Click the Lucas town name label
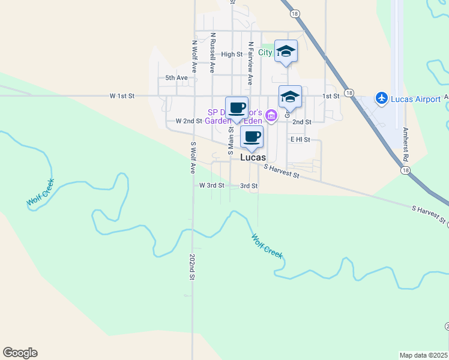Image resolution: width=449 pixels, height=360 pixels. (x=253, y=157)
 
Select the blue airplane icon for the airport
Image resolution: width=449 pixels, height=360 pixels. (x=381, y=97)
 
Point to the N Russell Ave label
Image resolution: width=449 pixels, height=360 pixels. (x=212, y=53)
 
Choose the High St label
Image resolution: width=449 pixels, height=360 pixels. (x=231, y=54)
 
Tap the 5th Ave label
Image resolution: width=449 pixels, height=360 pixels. (x=176, y=78)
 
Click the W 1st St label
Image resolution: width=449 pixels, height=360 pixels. (x=122, y=96)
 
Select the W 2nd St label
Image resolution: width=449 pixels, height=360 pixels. (x=188, y=121)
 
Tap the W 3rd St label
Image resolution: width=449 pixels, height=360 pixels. (x=212, y=186)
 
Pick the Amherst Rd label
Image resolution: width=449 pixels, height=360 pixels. (x=406, y=139)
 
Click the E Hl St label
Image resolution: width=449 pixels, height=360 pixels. (x=300, y=139)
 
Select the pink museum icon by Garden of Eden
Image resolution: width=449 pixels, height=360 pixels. (x=271, y=115)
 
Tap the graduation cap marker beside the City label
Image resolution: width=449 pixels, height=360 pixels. (x=286, y=51)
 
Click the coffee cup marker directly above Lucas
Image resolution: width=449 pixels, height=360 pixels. (x=252, y=136)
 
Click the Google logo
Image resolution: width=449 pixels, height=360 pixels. (x=20, y=353)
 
